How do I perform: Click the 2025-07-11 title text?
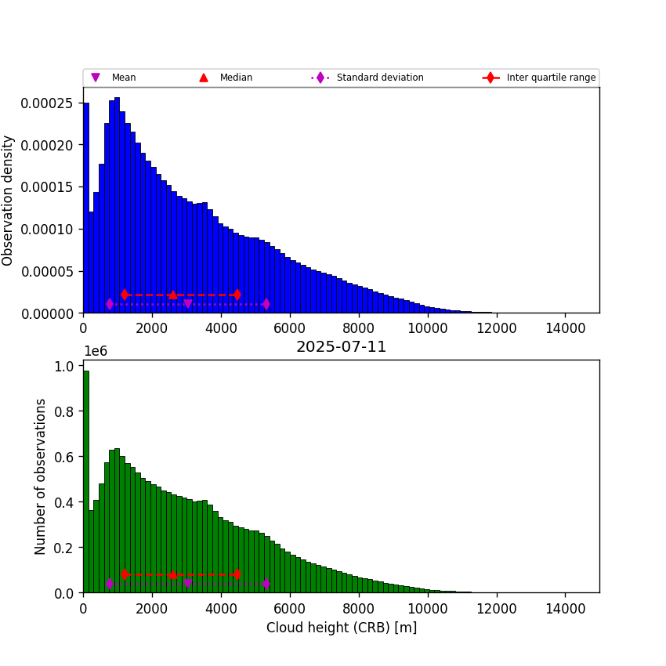pyautogui.click(x=341, y=347)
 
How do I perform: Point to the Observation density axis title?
pyautogui.click(x=9, y=200)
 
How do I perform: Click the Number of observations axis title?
pyautogui.click(x=41, y=476)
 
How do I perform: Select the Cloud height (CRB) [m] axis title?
pyautogui.click(x=341, y=628)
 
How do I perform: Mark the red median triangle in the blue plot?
pyautogui.click(x=172, y=295)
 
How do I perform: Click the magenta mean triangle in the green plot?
pyautogui.click(x=187, y=584)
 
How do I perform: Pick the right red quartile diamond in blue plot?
pyautogui.click(x=237, y=295)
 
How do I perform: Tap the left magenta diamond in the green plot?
pyautogui.click(x=110, y=584)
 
